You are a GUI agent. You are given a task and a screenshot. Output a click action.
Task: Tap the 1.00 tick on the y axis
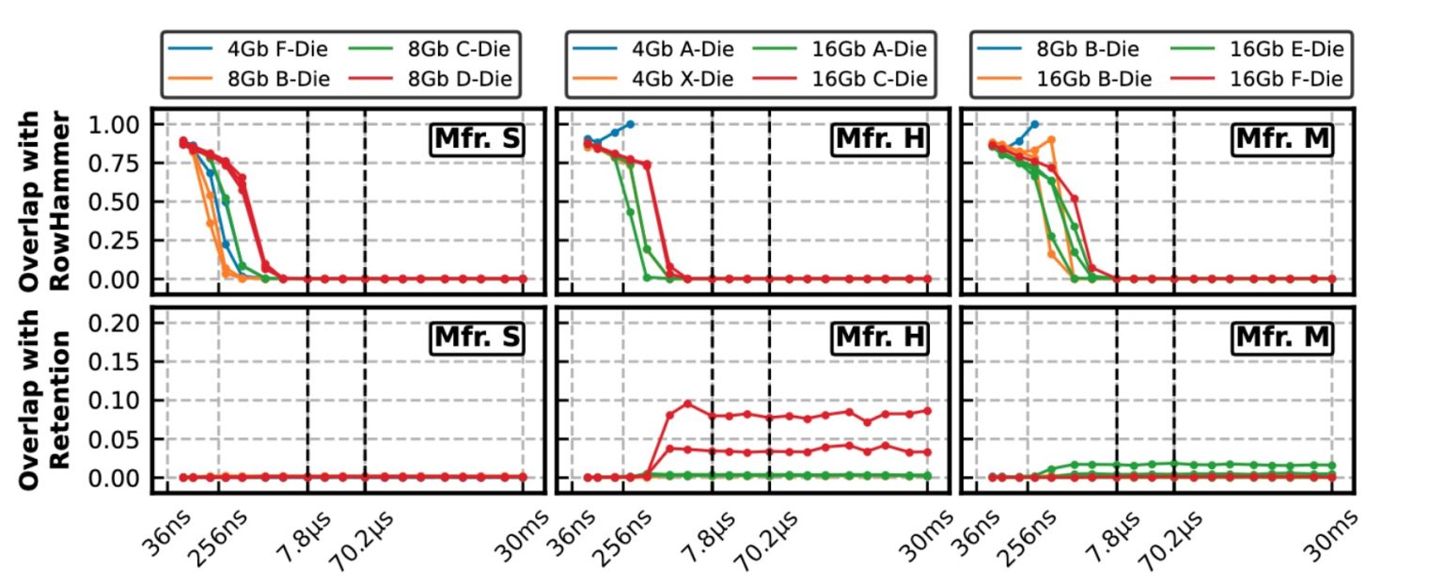tap(117, 124)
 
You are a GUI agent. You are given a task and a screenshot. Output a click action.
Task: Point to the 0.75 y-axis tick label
tap(117, 163)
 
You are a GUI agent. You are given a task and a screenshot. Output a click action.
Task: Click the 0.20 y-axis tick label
tap(117, 323)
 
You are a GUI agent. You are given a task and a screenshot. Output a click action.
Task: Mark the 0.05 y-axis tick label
tap(117, 439)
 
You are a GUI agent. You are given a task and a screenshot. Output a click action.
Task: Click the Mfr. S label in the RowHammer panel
tap(476, 139)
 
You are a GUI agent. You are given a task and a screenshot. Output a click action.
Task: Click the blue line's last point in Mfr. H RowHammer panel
tap(630, 124)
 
